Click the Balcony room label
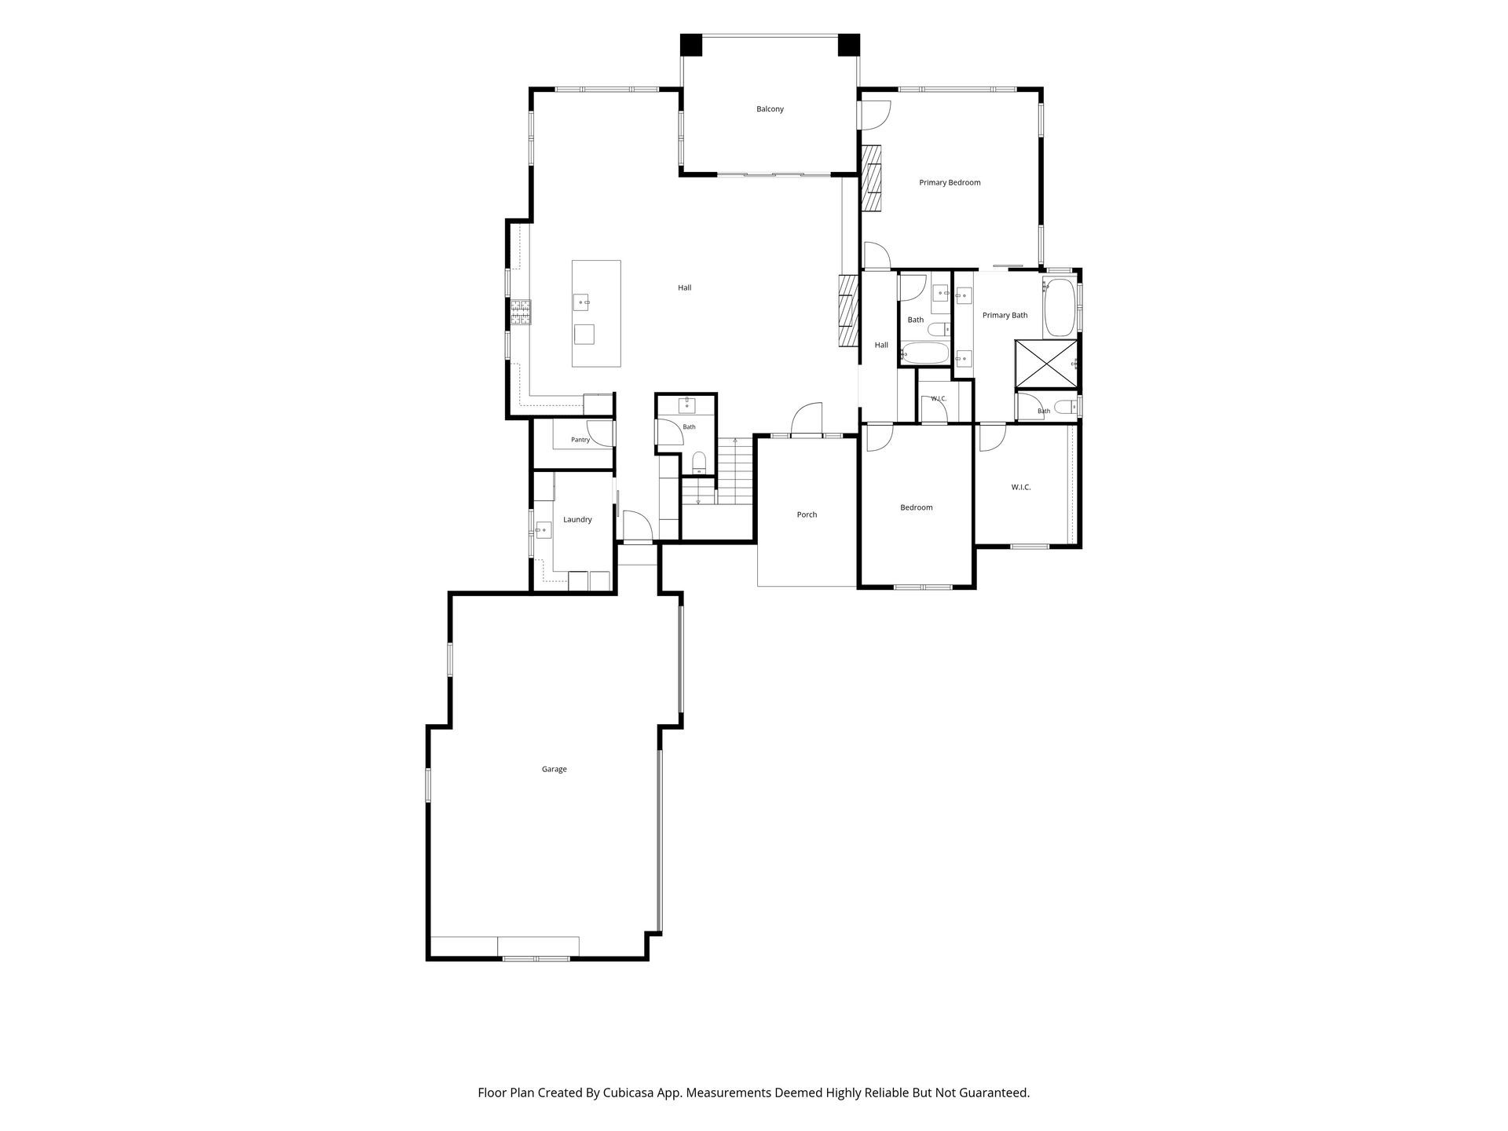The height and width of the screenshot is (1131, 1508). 770,109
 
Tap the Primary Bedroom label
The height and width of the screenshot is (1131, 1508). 950,183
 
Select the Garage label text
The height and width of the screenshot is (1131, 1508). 554,770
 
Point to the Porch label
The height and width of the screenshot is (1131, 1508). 807,515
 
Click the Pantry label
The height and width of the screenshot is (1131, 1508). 580,440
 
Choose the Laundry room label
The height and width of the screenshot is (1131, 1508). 577,520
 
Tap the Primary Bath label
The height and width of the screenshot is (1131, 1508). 1005,316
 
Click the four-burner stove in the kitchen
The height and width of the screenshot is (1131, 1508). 520,313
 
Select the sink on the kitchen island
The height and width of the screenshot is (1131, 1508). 582,301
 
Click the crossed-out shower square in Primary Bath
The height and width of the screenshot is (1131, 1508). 1047,364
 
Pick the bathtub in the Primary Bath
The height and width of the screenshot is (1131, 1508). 1060,309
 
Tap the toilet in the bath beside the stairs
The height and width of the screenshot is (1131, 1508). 699,463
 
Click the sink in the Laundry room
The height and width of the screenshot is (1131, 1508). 543,531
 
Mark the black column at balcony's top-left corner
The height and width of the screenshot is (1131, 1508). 691,45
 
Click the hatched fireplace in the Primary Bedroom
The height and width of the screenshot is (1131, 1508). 871,178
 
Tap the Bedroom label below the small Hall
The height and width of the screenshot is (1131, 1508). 917,508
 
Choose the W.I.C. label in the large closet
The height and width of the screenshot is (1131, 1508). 1021,488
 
